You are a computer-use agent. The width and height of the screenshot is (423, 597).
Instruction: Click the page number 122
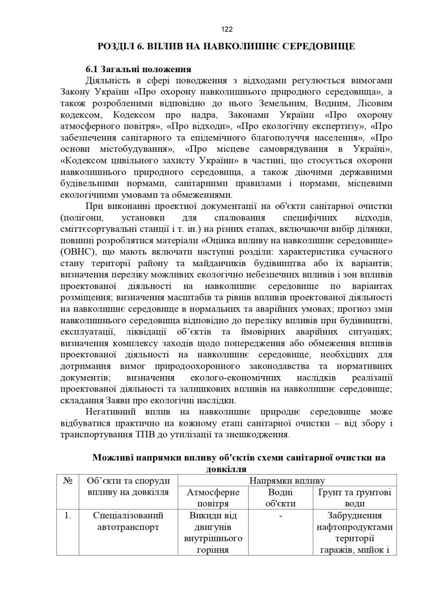point(226,29)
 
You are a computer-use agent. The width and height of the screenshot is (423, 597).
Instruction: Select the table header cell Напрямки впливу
point(287,481)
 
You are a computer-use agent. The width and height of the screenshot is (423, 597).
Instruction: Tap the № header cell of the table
point(68,481)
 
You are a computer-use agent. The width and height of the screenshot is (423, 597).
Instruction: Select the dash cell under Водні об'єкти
point(281,516)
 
